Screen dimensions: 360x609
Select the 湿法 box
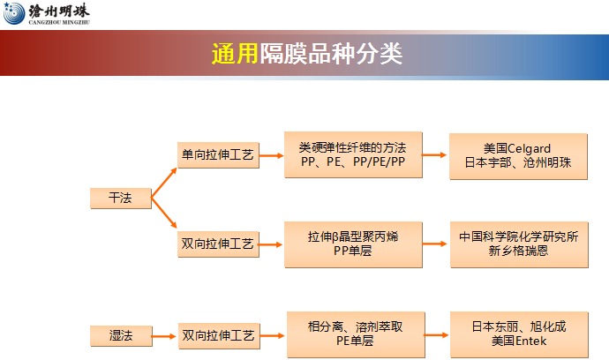(120, 335)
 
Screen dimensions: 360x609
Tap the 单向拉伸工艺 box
(217, 155)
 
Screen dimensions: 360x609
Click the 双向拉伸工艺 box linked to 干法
(217, 244)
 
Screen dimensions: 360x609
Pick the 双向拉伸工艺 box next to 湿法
(217, 335)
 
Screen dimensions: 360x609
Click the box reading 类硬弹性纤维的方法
(352, 155)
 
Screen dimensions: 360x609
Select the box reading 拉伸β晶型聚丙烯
(352, 244)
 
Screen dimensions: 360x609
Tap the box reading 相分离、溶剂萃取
(352, 334)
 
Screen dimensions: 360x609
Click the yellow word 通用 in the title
(234, 54)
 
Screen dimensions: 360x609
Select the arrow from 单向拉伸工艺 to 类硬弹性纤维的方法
(272, 155)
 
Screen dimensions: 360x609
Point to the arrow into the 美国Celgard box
(434, 155)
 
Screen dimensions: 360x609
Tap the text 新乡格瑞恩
(517, 251)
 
